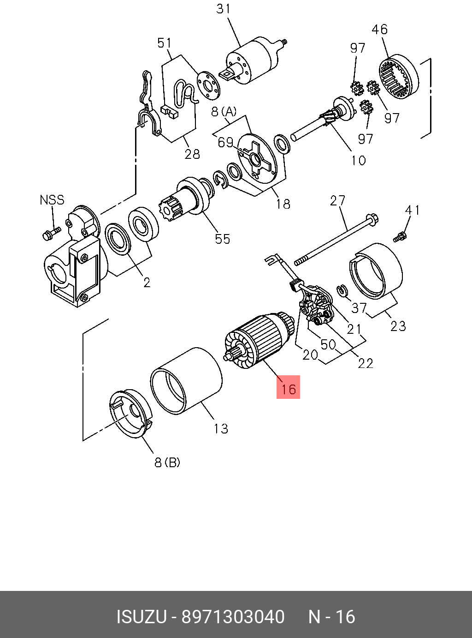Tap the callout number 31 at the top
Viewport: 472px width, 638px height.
224,9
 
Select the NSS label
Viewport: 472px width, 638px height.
52,200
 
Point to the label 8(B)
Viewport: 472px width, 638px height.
167,462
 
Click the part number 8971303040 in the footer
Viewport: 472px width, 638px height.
233,617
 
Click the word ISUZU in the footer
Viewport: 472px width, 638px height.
141,617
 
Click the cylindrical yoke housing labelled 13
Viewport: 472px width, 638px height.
187,381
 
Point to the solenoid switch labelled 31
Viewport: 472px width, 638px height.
253,62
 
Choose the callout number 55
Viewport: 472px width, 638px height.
222,239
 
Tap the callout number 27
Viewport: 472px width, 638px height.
337,201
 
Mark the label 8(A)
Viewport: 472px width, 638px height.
224,112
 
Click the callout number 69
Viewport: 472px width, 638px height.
225,142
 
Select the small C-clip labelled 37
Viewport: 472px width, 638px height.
342,290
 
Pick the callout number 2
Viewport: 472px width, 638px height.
147,282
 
